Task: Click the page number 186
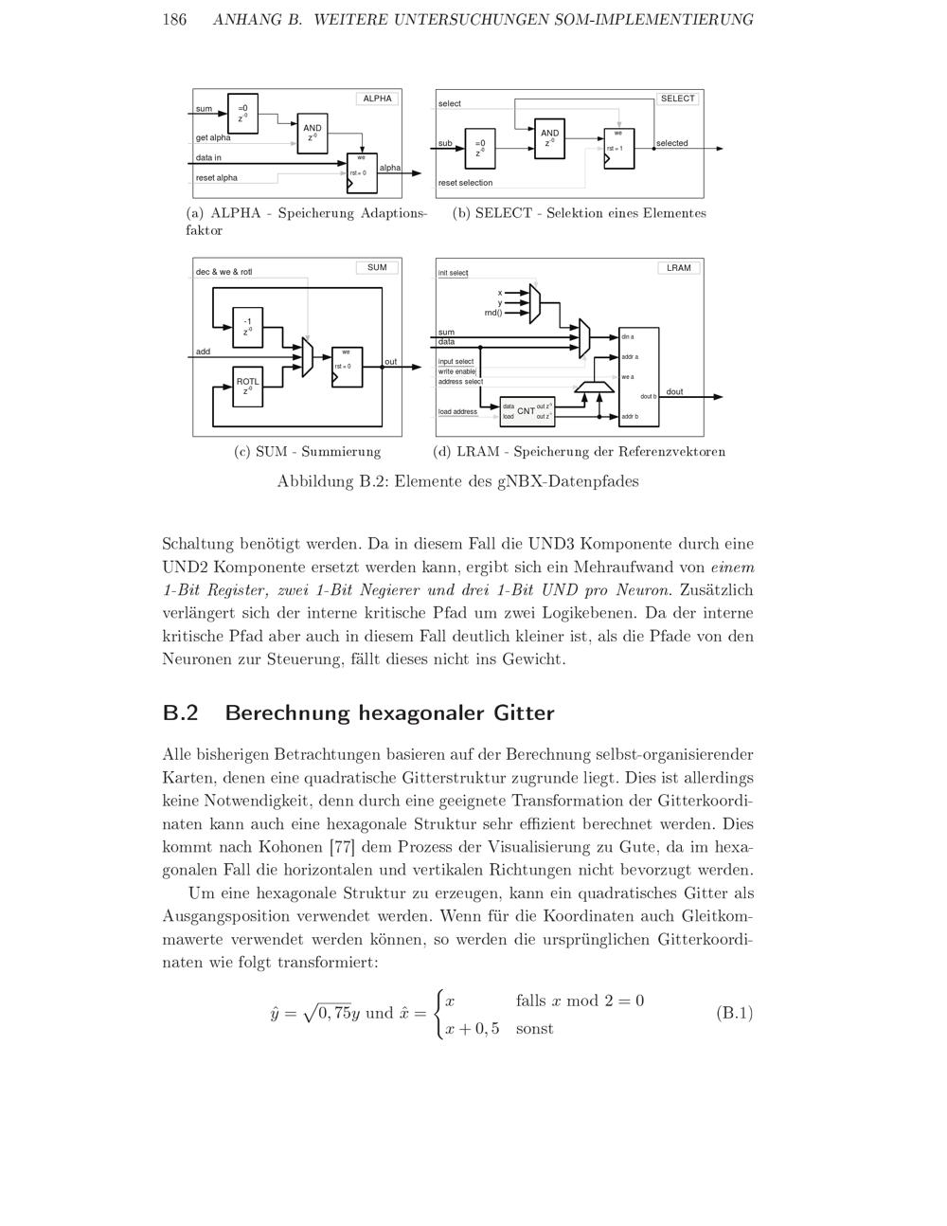coord(174,20)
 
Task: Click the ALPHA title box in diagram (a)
coord(377,99)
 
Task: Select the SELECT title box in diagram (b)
coord(677,99)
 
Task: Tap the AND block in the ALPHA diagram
coord(312,132)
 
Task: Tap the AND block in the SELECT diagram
coord(549,137)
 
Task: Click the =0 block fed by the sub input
coord(479,147)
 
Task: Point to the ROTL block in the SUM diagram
coord(247,386)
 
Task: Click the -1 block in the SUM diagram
coord(247,326)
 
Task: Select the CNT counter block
coord(527,411)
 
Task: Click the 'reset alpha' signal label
coord(217,178)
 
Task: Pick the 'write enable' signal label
coord(456,371)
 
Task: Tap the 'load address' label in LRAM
coord(457,412)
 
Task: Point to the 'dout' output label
coord(674,391)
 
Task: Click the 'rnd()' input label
coord(492,313)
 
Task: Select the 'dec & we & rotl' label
coord(224,272)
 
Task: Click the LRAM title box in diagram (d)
coord(678,268)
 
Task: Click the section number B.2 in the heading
coord(180,713)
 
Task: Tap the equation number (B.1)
coord(734,1013)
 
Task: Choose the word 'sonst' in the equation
coord(534,1028)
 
